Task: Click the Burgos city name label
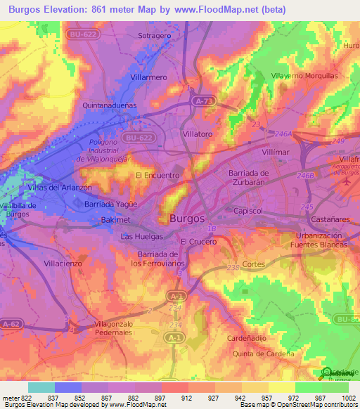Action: [x=188, y=219]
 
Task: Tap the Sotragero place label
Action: [x=155, y=35]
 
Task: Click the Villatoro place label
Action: [x=197, y=133]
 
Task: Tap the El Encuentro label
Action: [x=157, y=175]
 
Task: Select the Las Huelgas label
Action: [x=142, y=237]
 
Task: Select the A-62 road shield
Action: [x=11, y=324]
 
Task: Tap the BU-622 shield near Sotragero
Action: [x=82, y=34]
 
